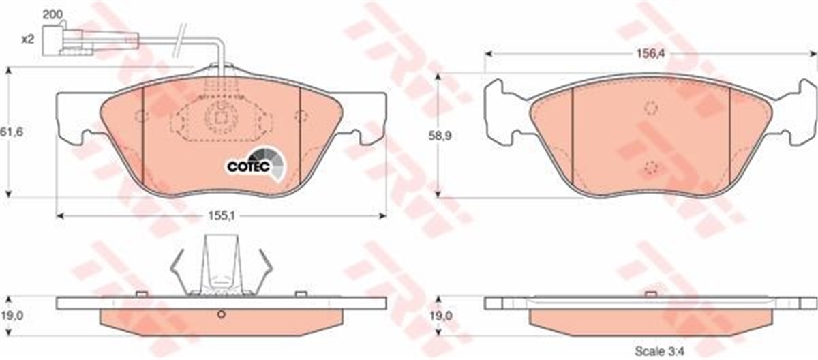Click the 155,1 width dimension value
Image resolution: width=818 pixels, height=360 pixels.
(222, 215)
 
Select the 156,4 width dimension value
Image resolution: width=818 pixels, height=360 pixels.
(651, 54)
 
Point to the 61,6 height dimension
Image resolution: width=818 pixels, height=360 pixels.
(12, 132)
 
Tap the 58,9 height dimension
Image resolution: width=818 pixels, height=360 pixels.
(440, 136)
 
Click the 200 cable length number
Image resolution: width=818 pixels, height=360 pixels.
(53, 14)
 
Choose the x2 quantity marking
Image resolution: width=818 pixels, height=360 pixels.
(28, 39)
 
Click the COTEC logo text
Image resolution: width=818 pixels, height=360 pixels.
(248, 166)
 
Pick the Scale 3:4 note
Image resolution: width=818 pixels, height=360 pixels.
(660, 351)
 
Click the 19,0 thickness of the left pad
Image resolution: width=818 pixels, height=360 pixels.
(12, 316)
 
